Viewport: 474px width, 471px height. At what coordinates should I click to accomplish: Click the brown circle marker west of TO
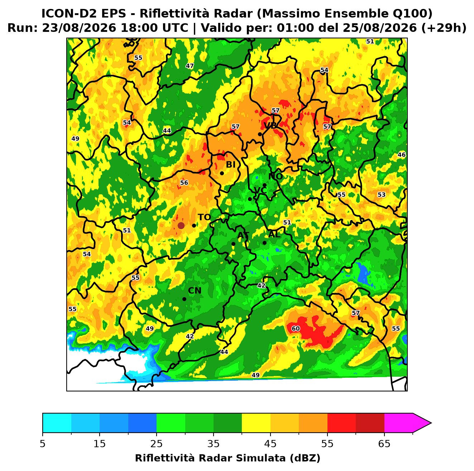tap(181, 225)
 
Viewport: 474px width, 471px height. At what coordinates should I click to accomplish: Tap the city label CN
tap(195, 291)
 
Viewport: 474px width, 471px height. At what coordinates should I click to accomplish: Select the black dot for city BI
tap(222, 173)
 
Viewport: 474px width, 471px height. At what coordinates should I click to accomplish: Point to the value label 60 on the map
tap(296, 328)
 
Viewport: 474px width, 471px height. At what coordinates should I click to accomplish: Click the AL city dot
tap(264, 243)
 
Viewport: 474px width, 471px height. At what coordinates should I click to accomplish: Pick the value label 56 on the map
tap(184, 183)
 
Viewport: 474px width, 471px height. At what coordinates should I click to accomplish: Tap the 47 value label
tap(190, 66)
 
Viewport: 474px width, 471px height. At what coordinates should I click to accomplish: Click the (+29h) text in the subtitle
tap(444, 28)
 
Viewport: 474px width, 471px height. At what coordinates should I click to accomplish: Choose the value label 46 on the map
tap(402, 154)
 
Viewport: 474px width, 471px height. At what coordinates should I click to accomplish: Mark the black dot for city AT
tap(233, 244)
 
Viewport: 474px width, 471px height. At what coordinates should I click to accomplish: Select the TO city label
tap(205, 217)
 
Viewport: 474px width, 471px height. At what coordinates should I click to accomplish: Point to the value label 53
tap(382, 195)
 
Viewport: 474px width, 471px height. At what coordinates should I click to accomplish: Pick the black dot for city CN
tap(184, 299)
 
